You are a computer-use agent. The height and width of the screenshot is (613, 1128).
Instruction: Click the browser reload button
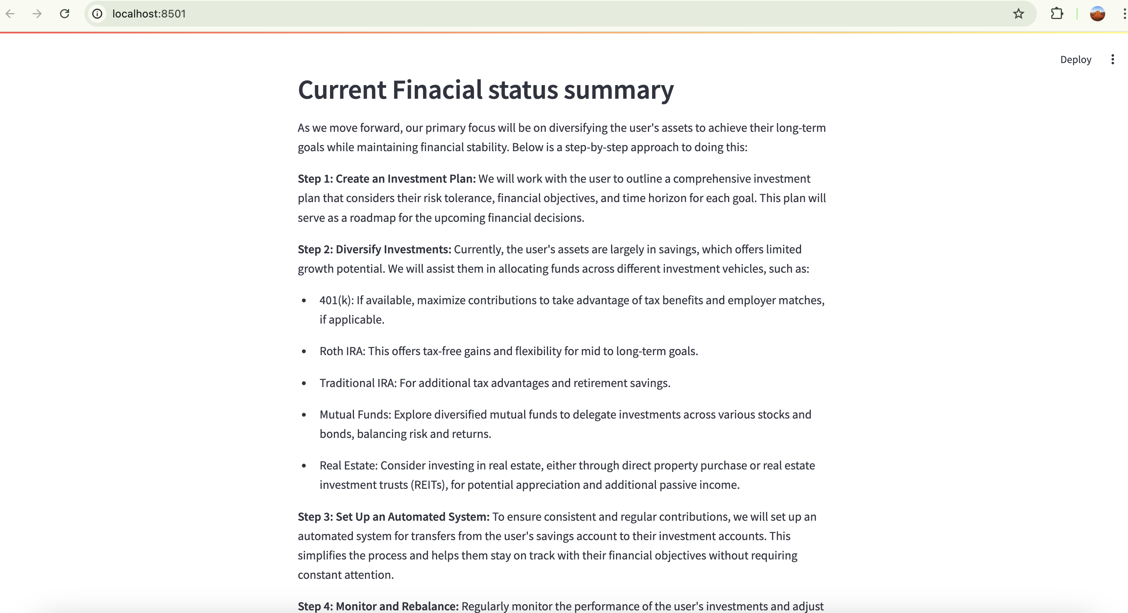coord(64,14)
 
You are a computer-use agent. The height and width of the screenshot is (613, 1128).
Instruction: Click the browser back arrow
coord(11,14)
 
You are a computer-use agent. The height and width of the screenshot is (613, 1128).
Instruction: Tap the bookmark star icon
coord(1019,14)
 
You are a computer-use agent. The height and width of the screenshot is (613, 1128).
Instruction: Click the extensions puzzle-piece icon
coord(1057,14)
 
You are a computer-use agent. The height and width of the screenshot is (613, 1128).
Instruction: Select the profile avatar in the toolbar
coord(1097,14)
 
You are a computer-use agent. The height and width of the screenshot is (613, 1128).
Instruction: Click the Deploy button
coord(1076,60)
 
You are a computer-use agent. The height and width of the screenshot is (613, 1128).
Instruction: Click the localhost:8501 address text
coord(149,14)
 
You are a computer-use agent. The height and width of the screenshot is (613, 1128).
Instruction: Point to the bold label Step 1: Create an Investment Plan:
coord(386,179)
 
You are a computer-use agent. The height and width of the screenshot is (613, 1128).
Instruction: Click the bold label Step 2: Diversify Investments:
coord(374,249)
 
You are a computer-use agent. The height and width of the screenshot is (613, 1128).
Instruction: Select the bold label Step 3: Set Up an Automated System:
coord(393,517)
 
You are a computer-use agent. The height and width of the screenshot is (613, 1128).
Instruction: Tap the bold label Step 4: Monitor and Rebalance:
coord(378,607)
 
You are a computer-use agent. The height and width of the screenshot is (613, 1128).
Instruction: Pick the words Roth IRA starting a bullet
coord(341,351)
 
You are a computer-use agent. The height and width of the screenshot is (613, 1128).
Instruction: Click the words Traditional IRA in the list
coord(357,383)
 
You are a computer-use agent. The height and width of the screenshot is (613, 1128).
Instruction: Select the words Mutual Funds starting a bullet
coord(355,415)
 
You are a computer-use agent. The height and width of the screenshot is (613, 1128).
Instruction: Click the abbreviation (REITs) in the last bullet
coord(429,485)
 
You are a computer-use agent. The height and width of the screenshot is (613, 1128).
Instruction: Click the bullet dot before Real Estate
coord(304,465)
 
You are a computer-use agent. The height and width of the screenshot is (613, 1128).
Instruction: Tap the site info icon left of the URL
coord(97,14)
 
